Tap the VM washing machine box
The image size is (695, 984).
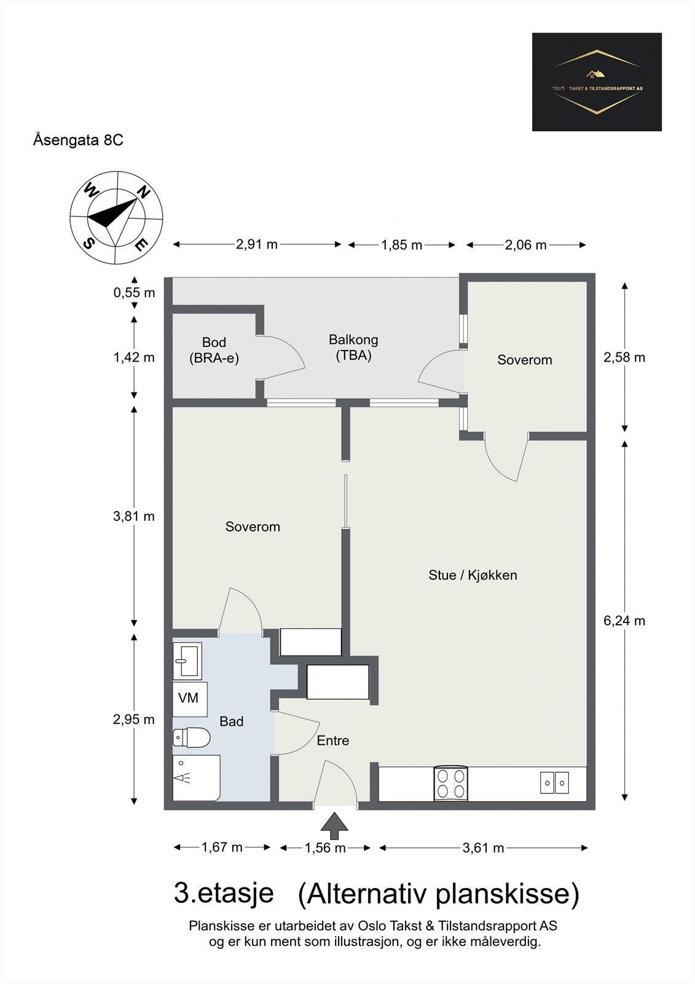189,699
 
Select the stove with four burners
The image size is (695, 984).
451,784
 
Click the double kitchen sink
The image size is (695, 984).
554,783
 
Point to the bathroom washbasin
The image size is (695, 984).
187,661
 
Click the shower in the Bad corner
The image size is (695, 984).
195,778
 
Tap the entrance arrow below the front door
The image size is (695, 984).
334,826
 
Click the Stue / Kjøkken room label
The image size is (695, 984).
473,576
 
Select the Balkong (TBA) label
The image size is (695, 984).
353,347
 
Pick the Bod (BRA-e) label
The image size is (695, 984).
214,350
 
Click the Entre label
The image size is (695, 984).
333,741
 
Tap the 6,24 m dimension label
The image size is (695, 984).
624,621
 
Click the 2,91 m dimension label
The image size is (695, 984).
257,245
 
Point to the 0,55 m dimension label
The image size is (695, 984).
134,293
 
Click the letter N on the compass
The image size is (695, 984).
143,192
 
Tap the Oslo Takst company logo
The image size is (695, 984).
597,82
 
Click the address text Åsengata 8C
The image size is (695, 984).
78,140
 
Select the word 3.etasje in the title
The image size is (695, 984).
224,894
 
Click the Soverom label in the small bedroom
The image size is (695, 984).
525,360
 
